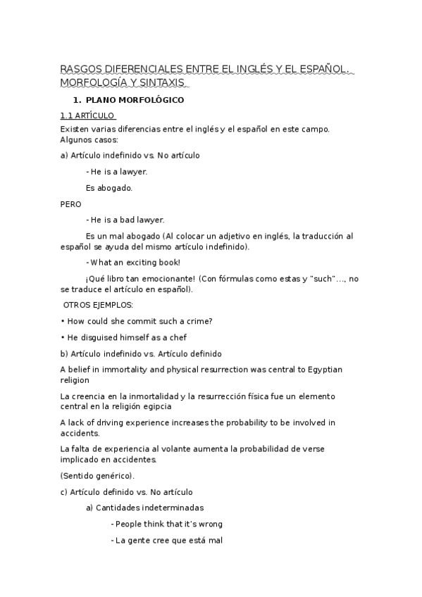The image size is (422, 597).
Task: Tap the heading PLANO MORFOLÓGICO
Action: pos(135,100)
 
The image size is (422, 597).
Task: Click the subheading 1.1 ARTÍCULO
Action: pos(88,116)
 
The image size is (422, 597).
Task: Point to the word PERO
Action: pos(71,204)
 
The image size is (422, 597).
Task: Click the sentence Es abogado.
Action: pos(108,188)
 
